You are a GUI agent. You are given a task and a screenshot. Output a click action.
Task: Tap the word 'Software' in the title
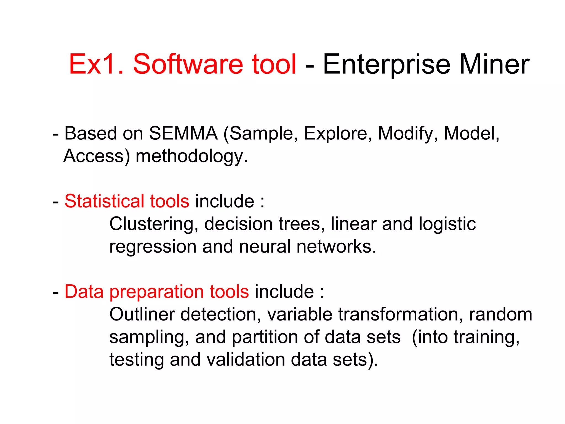click(188, 64)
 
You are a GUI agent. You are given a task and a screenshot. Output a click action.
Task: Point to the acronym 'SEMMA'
click(183, 134)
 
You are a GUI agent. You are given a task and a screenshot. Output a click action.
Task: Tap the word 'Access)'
click(97, 156)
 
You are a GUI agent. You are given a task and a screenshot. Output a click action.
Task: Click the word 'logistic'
click(447, 224)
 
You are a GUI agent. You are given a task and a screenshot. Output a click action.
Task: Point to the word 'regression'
click(153, 247)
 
